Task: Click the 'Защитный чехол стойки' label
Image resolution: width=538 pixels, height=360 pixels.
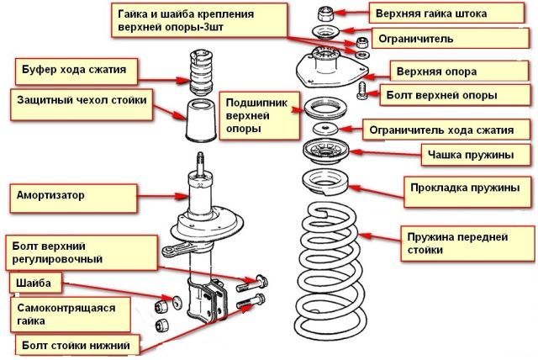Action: point(80,100)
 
